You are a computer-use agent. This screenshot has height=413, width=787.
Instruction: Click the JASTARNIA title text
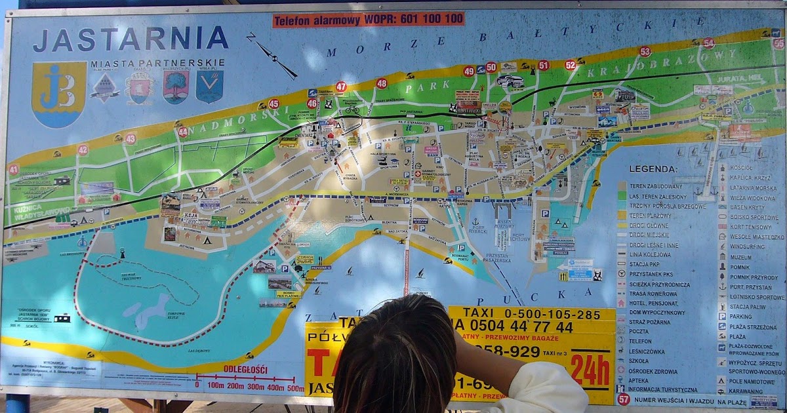pyautogui.click(x=131, y=39)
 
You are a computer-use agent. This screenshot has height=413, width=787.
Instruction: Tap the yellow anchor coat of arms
pyautogui.click(x=59, y=94)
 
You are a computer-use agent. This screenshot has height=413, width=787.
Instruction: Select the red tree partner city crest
pyautogui.click(x=175, y=86)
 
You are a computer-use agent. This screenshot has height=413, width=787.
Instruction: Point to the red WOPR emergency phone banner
pyautogui.click(x=368, y=19)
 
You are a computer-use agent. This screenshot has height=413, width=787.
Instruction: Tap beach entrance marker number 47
pyautogui.click(x=340, y=87)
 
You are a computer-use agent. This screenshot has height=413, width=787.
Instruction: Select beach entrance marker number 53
pyautogui.click(x=645, y=52)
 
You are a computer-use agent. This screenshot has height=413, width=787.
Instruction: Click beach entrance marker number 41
pyautogui.click(x=14, y=168)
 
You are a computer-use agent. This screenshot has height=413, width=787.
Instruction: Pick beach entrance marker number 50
pyautogui.click(x=491, y=67)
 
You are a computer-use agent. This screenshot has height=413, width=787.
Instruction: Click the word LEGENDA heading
pyautogui.click(x=653, y=168)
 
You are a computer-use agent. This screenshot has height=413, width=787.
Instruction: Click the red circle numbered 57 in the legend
pyautogui.click(x=623, y=399)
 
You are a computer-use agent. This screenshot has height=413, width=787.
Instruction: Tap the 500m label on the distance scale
pyautogui.click(x=295, y=387)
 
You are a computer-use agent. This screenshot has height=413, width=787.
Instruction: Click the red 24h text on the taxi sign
pyautogui.click(x=590, y=371)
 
